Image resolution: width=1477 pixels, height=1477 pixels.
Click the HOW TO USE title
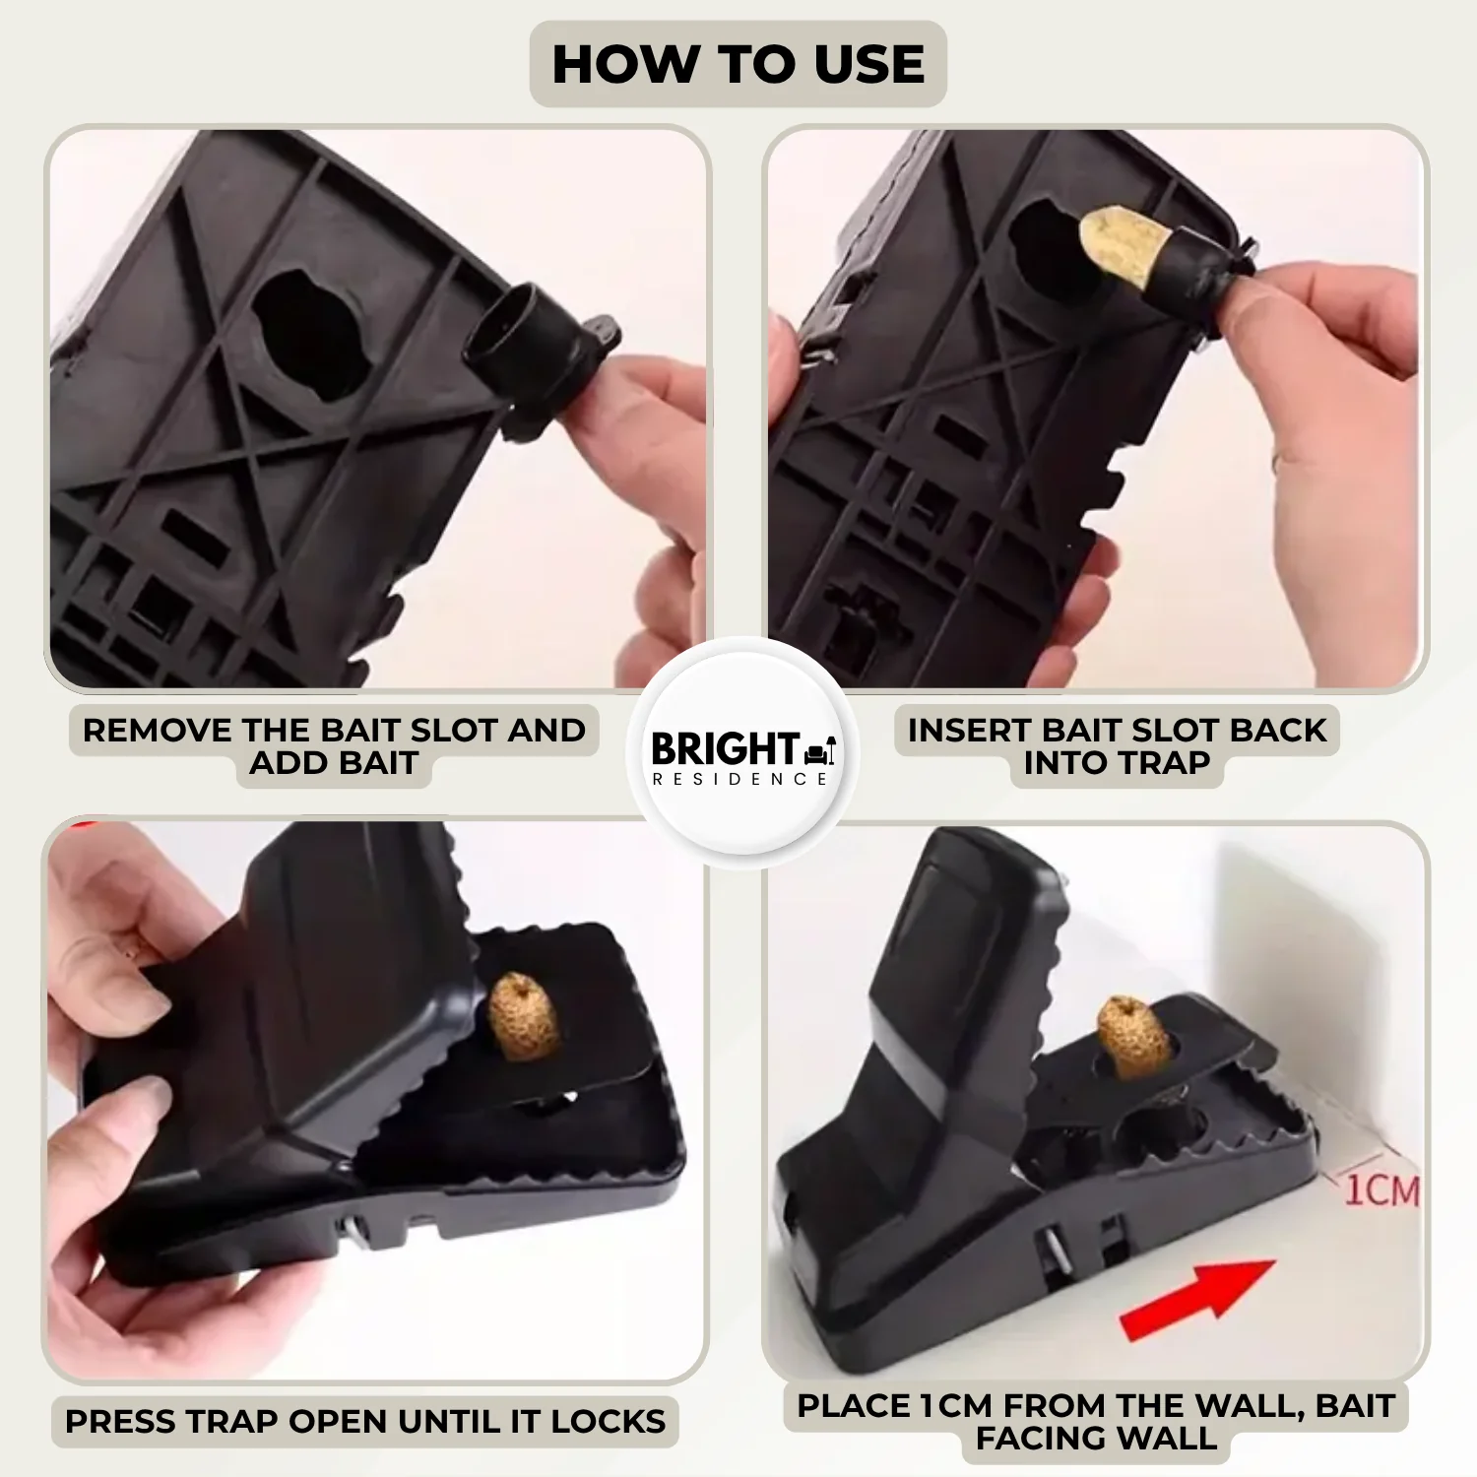[738, 64]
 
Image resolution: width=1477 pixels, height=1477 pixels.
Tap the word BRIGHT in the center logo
[724, 749]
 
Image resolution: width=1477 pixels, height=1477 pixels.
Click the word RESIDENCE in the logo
[738, 779]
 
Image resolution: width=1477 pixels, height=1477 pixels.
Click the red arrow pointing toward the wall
[1196, 1299]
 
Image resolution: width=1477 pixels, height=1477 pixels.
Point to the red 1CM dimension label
[1381, 1189]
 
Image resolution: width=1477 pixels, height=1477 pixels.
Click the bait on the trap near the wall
[1132, 1036]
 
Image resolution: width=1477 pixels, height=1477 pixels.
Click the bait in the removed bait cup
[1124, 247]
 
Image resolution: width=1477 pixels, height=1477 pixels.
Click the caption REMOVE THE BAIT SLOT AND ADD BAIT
[334, 745]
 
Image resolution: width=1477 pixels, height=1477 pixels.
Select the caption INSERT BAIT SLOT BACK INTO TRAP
[1117, 745]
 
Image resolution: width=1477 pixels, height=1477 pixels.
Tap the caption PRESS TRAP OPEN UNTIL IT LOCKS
[365, 1421]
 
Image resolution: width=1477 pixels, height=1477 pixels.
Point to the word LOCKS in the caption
[608, 1421]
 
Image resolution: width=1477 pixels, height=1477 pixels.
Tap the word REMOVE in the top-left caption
[158, 730]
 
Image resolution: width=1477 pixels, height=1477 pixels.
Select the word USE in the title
[869, 64]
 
